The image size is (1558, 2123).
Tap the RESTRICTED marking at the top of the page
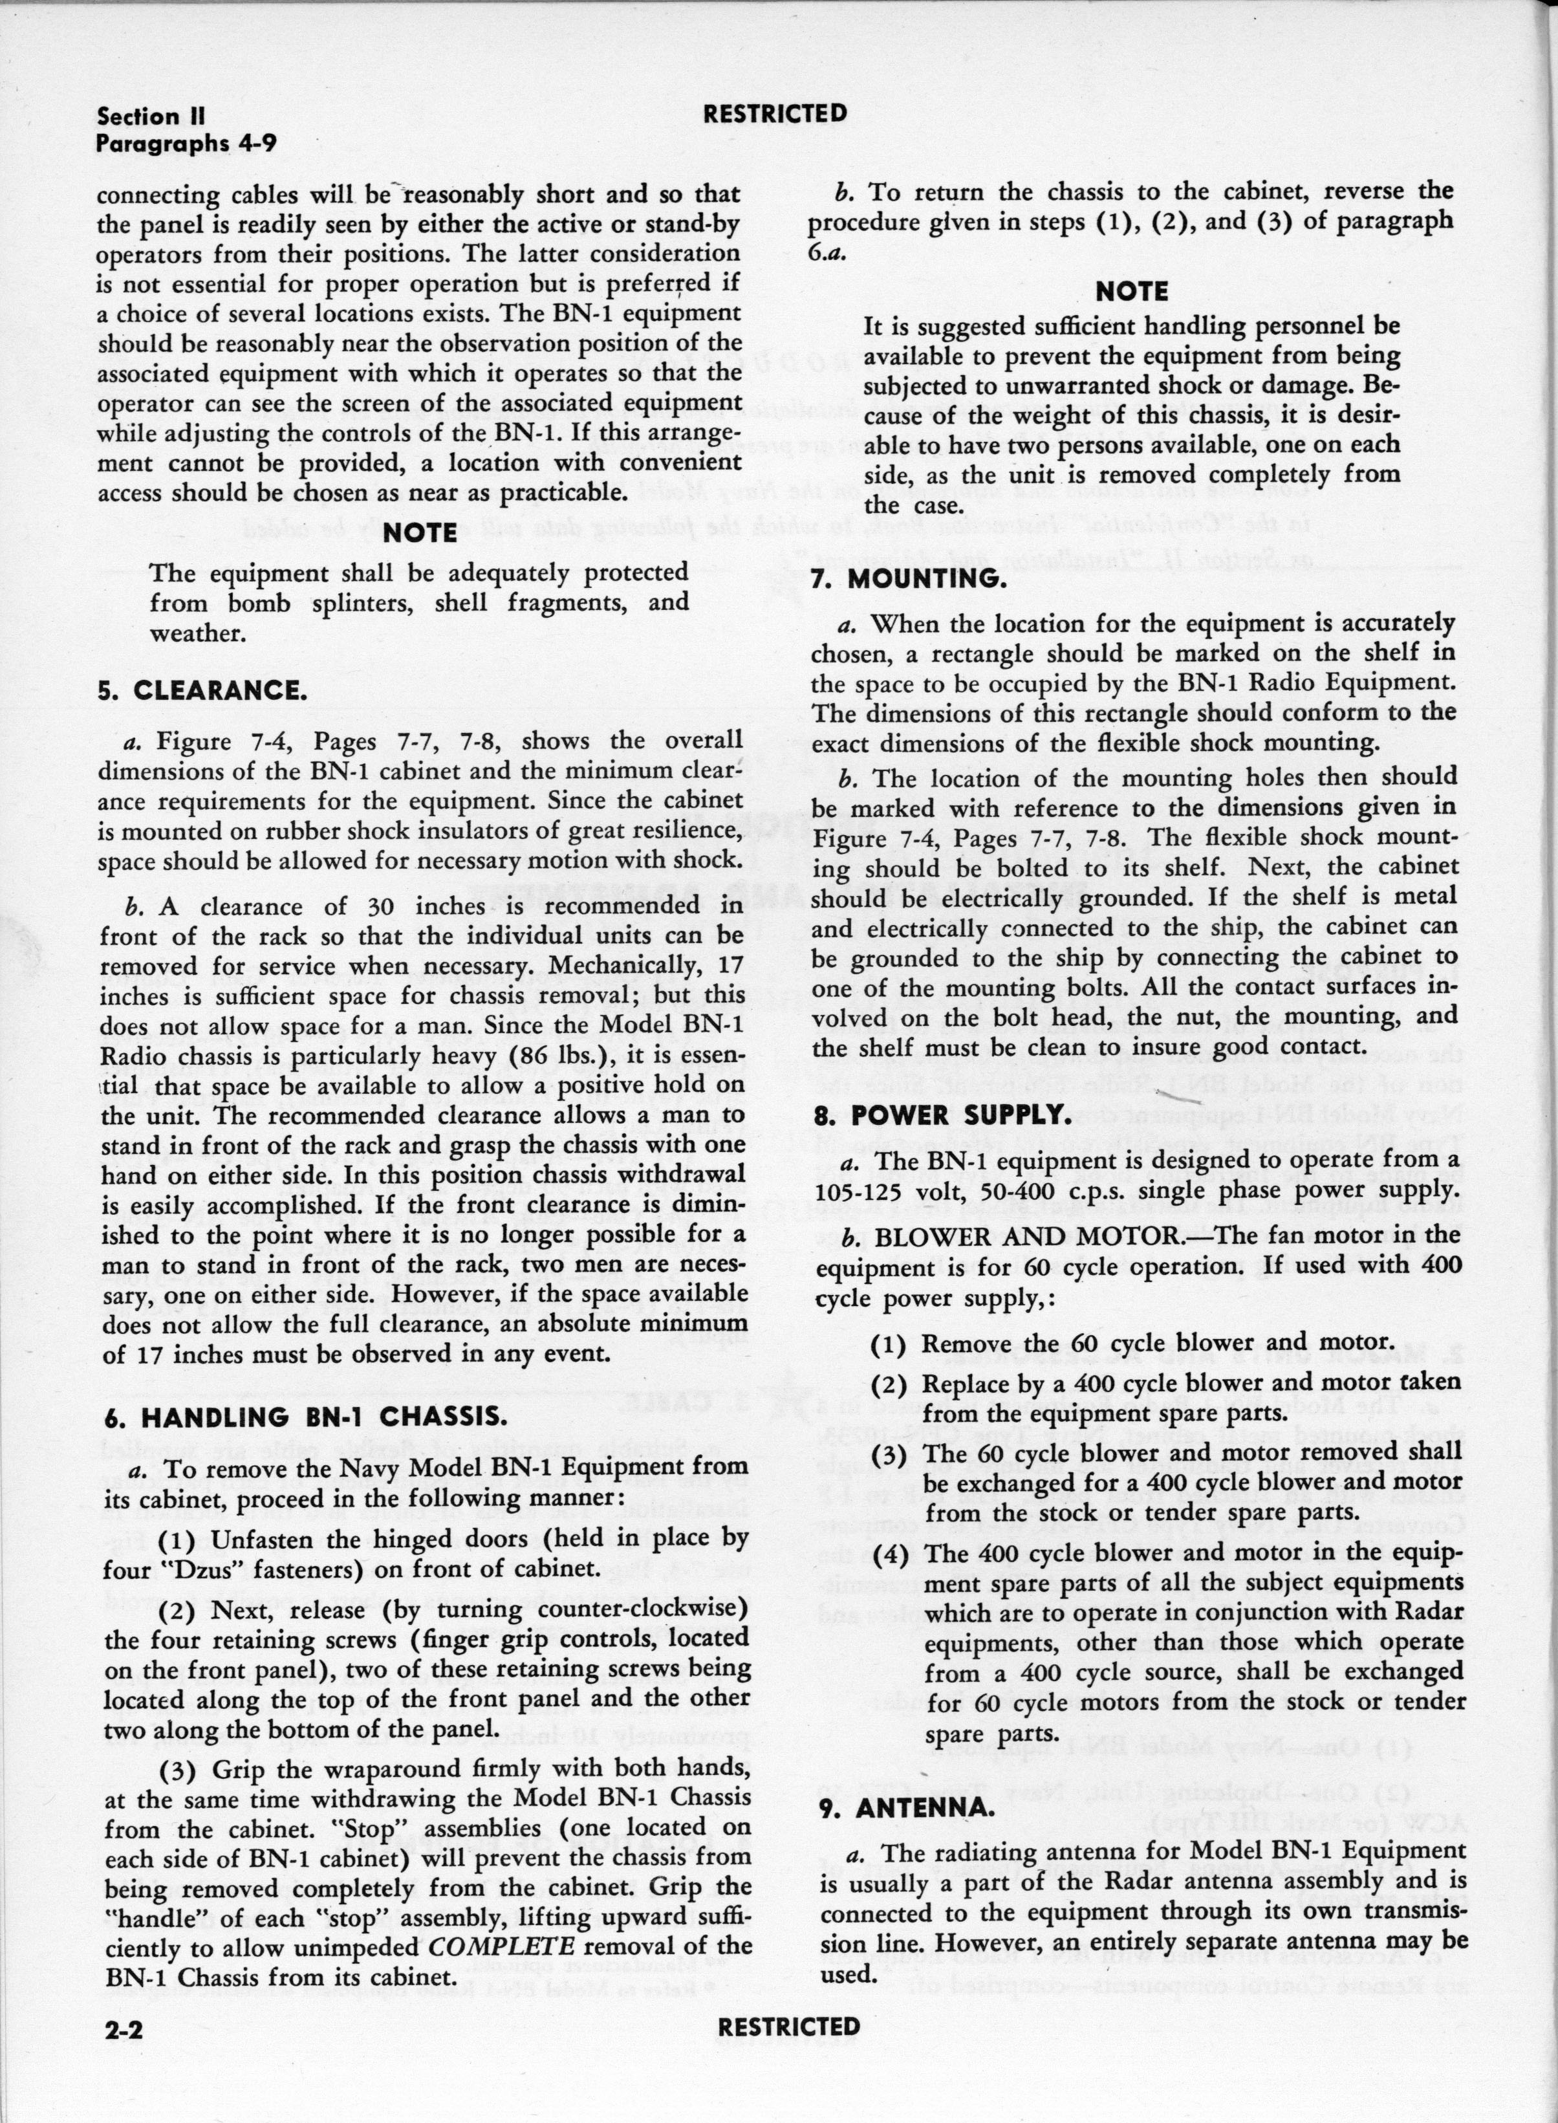(x=775, y=114)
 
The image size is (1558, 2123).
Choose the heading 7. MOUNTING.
(x=908, y=579)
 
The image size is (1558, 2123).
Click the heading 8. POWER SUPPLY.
(x=940, y=1115)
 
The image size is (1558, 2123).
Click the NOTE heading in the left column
(x=420, y=533)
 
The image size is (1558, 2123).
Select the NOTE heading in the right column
(x=1132, y=292)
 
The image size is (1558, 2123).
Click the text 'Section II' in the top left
(x=151, y=117)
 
